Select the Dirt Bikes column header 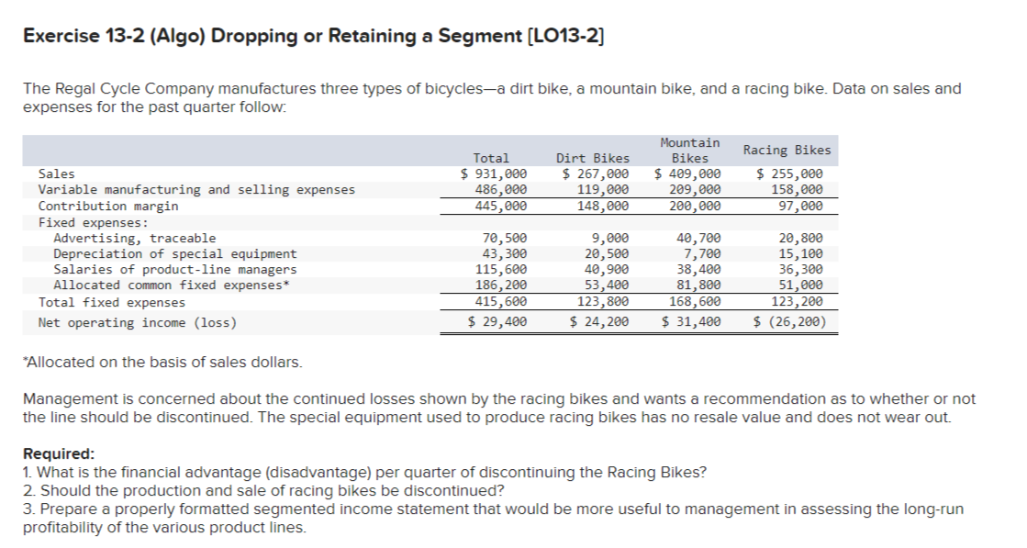[x=593, y=158]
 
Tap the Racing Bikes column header [x=787, y=150]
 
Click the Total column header [x=491, y=158]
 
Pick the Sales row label [x=57, y=173]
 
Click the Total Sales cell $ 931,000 [x=493, y=173]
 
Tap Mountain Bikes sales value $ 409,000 [x=687, y=173]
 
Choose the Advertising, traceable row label [x=135, y=238]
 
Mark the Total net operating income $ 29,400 [x=497, y=322]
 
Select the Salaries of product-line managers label [x=175, y=269]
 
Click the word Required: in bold [x=58, y=454]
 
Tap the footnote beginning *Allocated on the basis [x=162, y=362]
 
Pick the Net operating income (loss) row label [x=137, y=322]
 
